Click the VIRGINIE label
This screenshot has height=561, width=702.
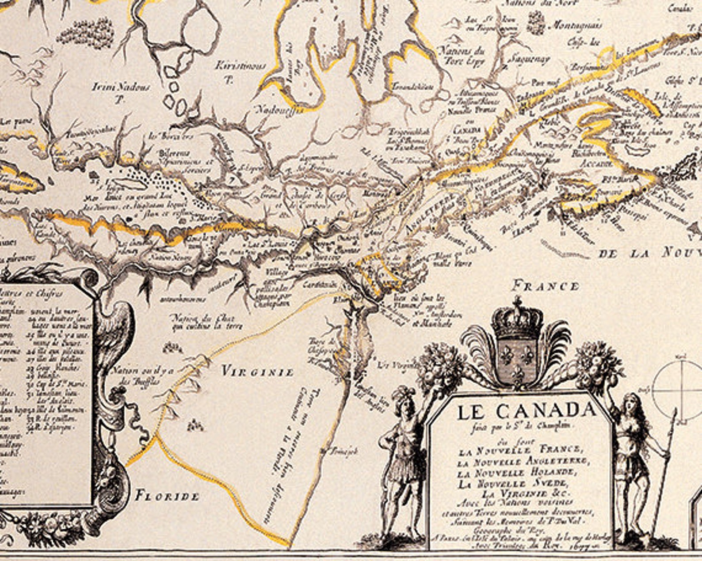click(257, 371)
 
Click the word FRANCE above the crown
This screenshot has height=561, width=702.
click(546, 286)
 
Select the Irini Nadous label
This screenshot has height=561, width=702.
click(121, 87)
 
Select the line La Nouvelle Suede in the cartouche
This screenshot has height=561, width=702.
click(519, 483)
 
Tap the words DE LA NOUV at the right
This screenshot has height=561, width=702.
click(650, 253)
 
